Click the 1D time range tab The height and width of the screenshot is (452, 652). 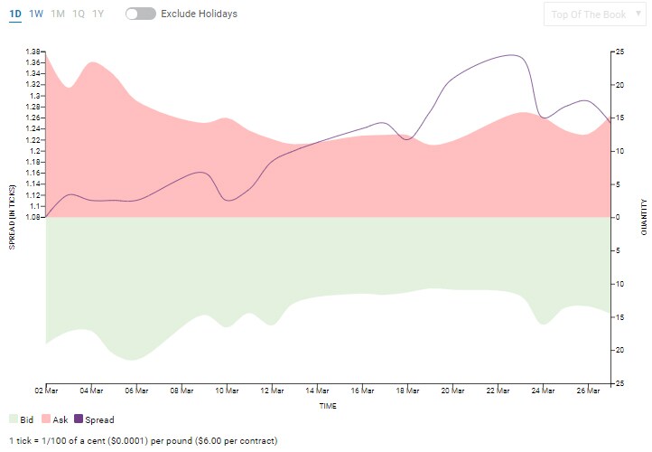click(x=15, y=14)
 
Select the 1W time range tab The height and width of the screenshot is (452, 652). click(x=36, y=14)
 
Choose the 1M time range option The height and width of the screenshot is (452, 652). click(x=58, y=14)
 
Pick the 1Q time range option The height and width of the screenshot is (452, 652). click(x=79, y=14)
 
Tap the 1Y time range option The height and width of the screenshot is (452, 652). click(x=98, y=14)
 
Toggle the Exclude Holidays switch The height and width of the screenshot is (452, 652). click(x=141, y=14)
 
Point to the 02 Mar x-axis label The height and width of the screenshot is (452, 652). click(x=45, y=391)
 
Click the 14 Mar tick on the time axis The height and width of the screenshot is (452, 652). click(x=317, y=391)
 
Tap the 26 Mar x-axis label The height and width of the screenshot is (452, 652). click(x=589, y=391)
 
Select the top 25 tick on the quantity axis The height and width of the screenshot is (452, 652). click(x=620, y=52)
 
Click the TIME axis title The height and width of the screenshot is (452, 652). click(x=328, y=406)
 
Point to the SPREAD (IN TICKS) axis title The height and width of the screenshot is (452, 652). click(x=13, y=217)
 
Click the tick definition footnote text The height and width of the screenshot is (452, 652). click(x=144, y=440)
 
